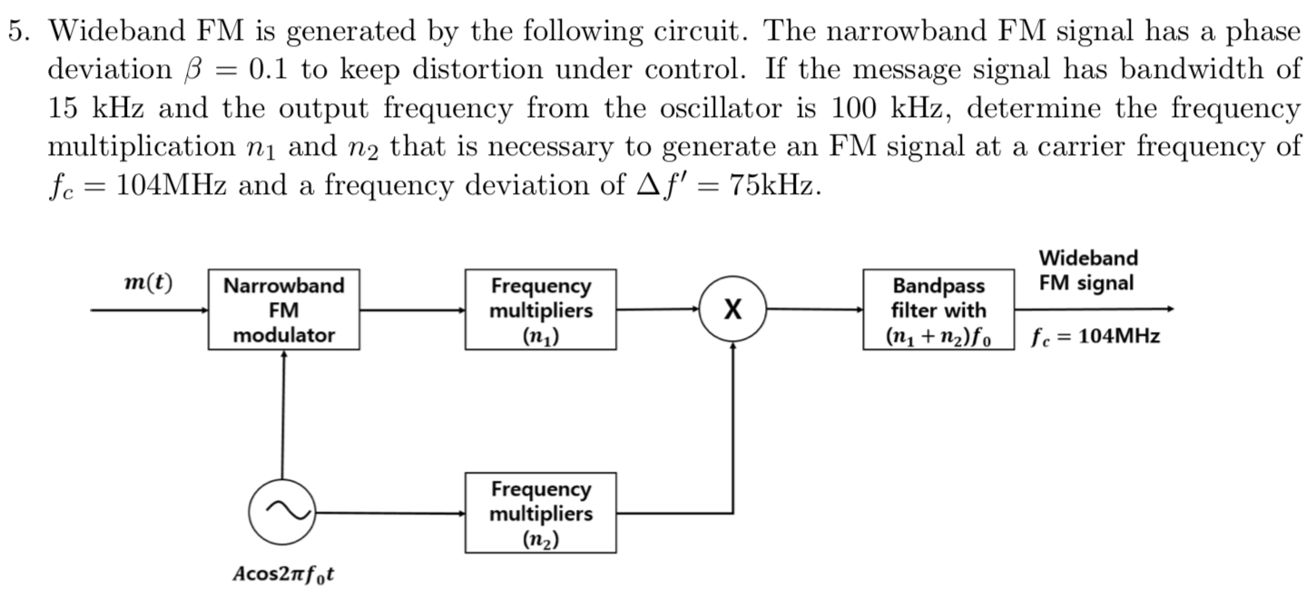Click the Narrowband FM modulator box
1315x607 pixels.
(x=284, y=309)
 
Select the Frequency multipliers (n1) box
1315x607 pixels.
(x=541, y=309)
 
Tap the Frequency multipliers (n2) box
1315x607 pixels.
(x=541, y=513)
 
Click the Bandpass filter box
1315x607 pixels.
(x=938, y=309)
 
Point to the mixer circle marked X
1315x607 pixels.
(x=732, y=309)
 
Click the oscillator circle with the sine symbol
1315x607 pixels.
(x=282, y=512)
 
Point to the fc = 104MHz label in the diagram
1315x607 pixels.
(x=1096, y=338)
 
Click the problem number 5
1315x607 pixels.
(x=19, y=31)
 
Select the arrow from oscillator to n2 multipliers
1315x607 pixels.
(x=390, y=513)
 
